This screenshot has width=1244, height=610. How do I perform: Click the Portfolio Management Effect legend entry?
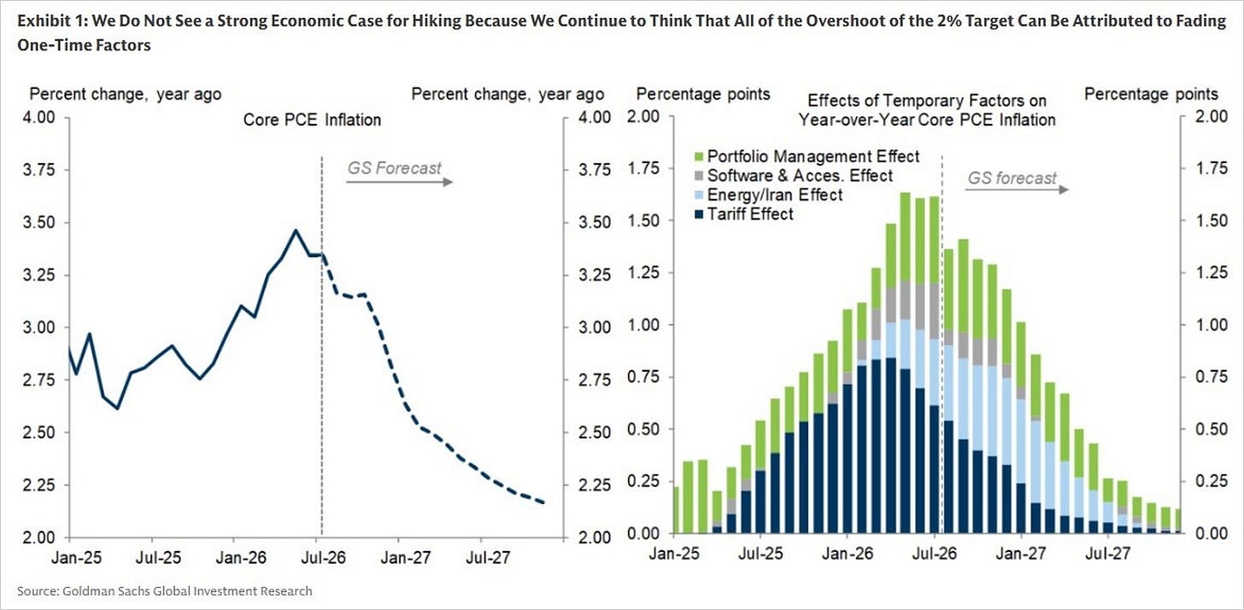[807, 156]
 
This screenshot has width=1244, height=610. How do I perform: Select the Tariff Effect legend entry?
[743, 214]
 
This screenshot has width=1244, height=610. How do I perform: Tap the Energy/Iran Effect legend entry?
[768, 195]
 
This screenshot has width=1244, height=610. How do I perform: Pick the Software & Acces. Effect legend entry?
[793, 175]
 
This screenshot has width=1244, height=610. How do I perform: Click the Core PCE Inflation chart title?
[312, 120]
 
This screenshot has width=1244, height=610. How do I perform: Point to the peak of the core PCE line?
[296, 230]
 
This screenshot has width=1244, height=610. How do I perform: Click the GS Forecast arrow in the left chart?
[399, 182]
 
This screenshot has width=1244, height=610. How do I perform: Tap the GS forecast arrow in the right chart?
[1017, 190]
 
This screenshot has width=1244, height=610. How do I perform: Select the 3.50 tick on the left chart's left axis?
[39, 222]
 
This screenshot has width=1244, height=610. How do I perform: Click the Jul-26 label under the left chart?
[323, 557]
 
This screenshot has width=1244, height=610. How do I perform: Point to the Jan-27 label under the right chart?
[1021, 554]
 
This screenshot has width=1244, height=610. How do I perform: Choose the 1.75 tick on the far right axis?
[1212, 167]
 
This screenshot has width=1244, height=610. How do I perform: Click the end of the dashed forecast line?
[543, 502]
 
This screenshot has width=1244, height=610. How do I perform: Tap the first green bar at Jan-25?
[676, 510]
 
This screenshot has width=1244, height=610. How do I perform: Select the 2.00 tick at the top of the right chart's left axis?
[643, 116]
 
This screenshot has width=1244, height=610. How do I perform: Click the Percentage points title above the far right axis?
[1151, 95]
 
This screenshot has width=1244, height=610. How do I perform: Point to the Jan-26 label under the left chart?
[241, 557]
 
